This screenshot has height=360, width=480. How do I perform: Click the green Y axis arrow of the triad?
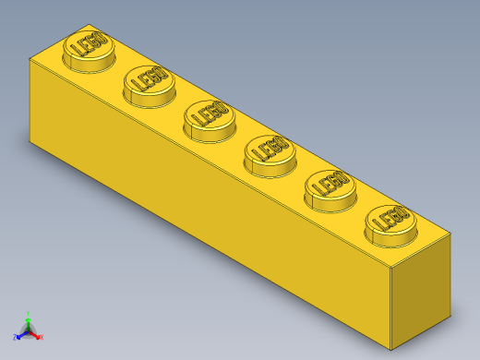point(29,317)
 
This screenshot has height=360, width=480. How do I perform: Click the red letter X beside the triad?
point(42,338)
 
